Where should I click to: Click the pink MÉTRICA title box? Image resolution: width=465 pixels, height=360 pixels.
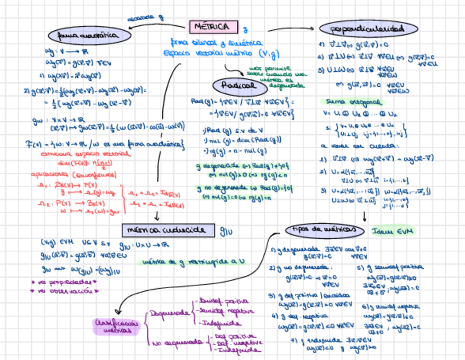coord(213,27)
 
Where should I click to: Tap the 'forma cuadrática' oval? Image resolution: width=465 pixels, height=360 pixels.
coord(89,36)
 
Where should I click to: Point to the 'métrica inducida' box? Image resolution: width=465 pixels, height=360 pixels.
coord(168,230)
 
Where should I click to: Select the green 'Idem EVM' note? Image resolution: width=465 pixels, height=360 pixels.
coord(393,230)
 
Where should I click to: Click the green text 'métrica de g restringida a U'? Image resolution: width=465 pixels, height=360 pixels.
coord(190,262)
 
